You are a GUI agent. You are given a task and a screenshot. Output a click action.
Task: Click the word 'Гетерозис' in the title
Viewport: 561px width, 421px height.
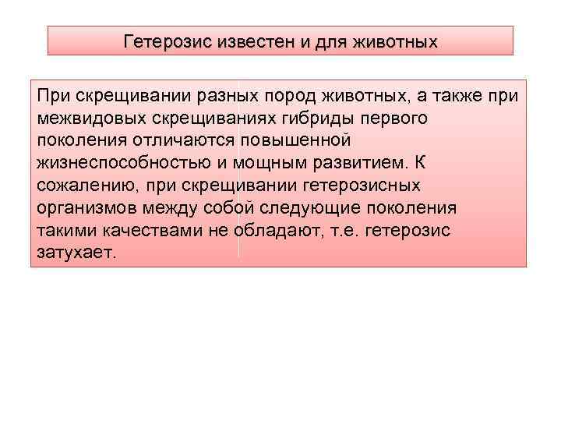point(161,41)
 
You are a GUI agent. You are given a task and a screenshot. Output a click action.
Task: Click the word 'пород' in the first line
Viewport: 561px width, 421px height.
point(288,96)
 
